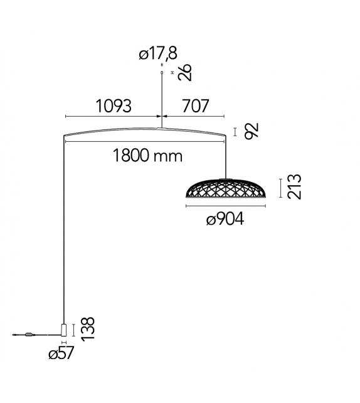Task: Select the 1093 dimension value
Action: (114, 105)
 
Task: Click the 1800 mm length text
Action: (148, 155)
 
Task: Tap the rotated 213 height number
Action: (294, 186)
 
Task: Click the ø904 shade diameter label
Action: (225, 219)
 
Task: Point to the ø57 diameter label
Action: (61, 353)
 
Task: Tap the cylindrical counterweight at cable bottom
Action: (63, 330)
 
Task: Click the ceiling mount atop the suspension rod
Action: (162, 73)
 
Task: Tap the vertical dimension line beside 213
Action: (279, 186)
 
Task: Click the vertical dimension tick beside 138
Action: (75, 329)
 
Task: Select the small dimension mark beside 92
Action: (235, 132)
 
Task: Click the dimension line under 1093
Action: (113, 116)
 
